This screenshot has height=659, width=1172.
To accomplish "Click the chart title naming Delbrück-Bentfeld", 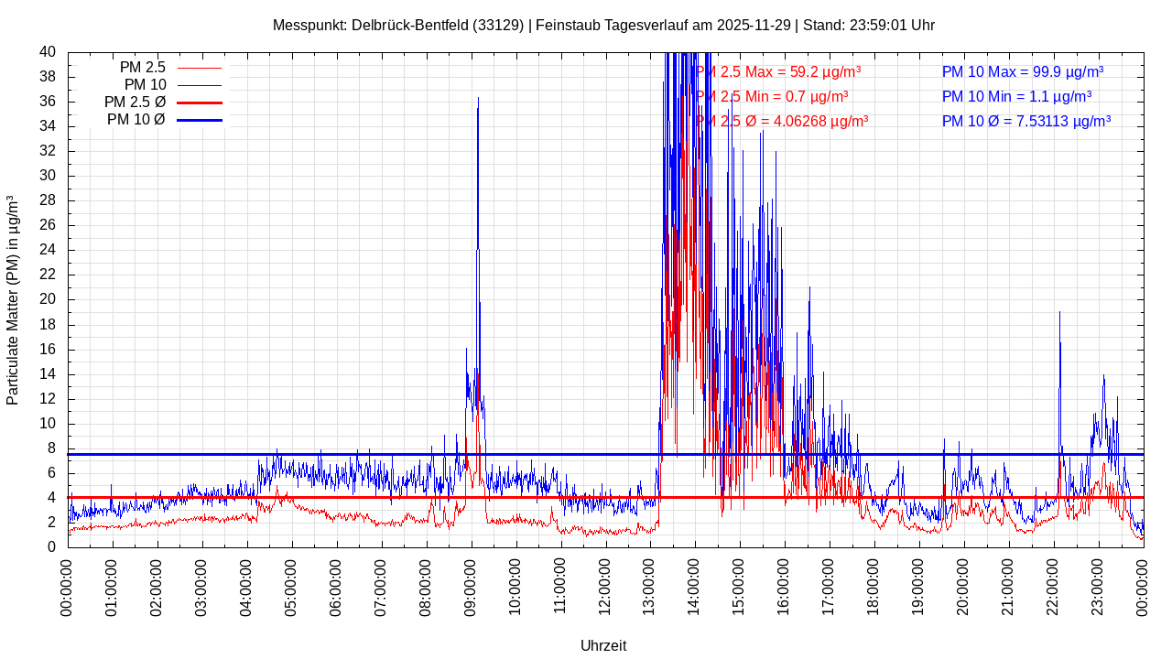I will (x=603, y=25).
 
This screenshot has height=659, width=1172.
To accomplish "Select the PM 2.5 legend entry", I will (x=143, y=68).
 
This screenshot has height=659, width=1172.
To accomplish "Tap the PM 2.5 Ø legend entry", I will (x=135, y=103).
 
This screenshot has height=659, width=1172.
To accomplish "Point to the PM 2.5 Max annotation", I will (x=778, y=71).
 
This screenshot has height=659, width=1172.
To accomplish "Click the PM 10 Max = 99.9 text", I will (x=1023, y=71).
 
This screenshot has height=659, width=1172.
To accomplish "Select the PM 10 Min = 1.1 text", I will (x=1017, y=96).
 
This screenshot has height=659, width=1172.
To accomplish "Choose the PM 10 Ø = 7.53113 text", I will (x=1026, y=121).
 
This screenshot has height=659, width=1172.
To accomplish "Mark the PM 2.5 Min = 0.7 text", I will (x=772, y=96).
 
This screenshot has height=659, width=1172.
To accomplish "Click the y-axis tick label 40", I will (x=48, y=52).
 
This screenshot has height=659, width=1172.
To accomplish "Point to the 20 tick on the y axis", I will (x=48, y=299).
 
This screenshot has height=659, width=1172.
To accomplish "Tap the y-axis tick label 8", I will (x=51, y=448).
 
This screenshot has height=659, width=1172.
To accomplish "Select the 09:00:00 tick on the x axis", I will (x=472, y=587).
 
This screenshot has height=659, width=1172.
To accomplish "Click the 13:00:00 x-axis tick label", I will (x=651, y=587).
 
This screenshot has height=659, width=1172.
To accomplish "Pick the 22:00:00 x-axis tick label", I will (x=1054, y=587).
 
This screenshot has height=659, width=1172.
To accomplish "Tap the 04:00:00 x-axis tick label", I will (x=247, y=587).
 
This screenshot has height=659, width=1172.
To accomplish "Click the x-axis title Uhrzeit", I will (x=603, y=645).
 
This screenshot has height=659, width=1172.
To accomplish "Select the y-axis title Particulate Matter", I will (x=13, y=299).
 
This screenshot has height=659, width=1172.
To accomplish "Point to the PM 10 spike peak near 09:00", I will (x=478, y=98).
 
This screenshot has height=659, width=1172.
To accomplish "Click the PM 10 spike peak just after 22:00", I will (x=1059, y=312).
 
